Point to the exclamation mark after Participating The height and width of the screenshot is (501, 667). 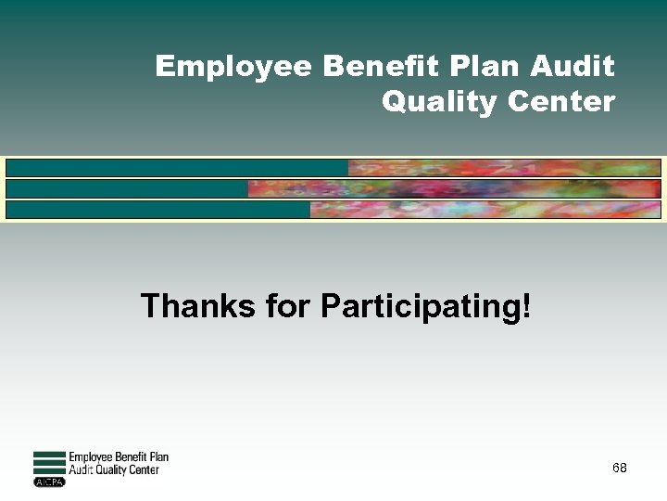click(x=527, y=305)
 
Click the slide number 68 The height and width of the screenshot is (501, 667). click(x=619, y=469)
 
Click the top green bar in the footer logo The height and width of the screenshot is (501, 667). click(x=49, y=454)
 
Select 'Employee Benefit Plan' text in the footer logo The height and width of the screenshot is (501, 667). click(x=119, y=456)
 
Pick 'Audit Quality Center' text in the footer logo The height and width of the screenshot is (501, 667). click(x=114, y=470)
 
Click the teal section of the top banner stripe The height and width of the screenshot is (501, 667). click(x=176, y=168)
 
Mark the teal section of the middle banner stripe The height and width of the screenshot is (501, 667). click(x=127, y=188)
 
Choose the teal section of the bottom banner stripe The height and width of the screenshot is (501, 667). click(x=157, y=209)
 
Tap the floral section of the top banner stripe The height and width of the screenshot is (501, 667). click(x=504, y=168)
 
